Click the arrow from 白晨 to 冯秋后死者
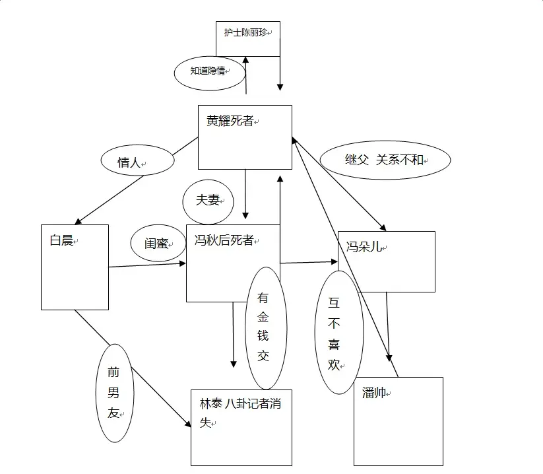click(x=148, y=265)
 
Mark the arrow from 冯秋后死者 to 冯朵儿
click(x=309, y=262)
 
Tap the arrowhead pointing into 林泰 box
click(x=187, y=423)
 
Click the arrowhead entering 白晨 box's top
click(x=79, y=221)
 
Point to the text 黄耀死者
click(x=230, y=121)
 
